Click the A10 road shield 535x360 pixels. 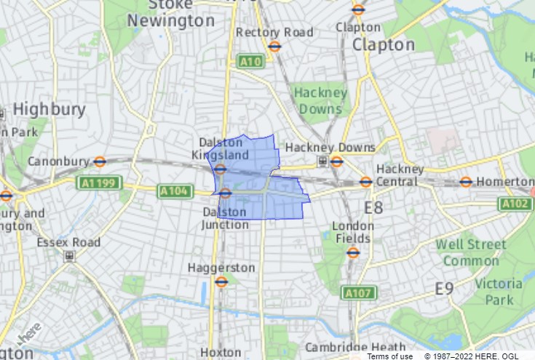pyautogui.click(x=250, y=62)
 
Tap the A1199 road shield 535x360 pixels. pyautogui.click(x=98, y=183)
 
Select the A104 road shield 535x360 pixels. pyautogui.click(x=175, y=191)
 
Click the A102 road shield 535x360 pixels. pyautogui.click(x=515, y=204)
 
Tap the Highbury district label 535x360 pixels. pyautogui.click(x=49, y=110)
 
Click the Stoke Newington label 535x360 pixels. pyautogui.click(x=171, y=14)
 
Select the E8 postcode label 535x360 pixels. pyautogui.click(x=373, y=208)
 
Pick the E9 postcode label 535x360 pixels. pyautogui.click(x=444, y=289)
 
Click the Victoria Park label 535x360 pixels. pyautogui.click(x=499, y=292)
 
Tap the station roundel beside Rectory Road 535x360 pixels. pyautogui.click(x=274, y=47)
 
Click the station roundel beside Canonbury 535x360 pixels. pyautogui.click(x=100, y=161)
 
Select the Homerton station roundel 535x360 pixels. pyautogui.click(x=466, y=182)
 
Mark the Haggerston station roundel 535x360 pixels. pyautogui.click(x=221, y=281)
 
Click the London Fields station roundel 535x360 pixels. pyautogui.click(x=353, y=252)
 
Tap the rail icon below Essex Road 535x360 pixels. pyautogui.click(x=69, y=256)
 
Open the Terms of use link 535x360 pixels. pyautogui.click(x=389, y=356)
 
